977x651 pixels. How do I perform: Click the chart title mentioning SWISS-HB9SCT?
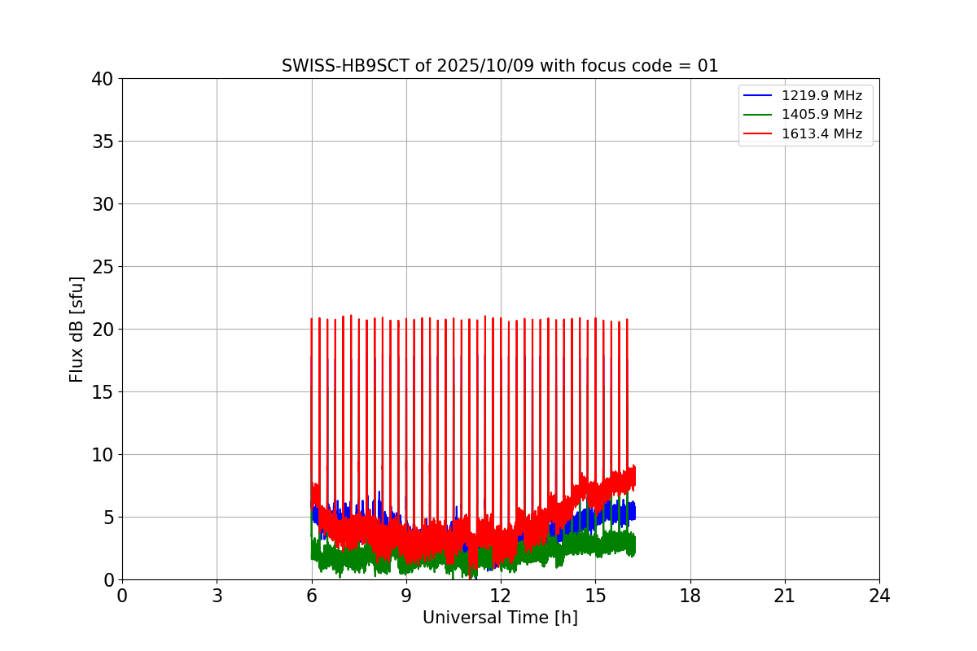[x=500, y=66]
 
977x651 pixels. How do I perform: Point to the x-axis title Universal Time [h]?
[x=500, y=618]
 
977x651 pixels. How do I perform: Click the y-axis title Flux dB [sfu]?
[x=77, y=329]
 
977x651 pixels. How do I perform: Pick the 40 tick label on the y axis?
[x=103, y=79]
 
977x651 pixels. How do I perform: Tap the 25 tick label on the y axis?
[x=103, y=267]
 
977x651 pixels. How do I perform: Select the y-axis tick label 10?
[x=103, y=455]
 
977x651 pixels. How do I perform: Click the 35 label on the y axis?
[x=103, y=142]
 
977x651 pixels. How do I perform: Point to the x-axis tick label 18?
[x=690, y=596]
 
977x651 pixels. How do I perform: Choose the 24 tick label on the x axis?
[x=879, y=596]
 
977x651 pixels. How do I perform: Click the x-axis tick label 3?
[x=217, y=596]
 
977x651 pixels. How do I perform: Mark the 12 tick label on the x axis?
[x=501, y=596]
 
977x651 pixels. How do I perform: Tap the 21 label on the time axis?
[x=785, y=596]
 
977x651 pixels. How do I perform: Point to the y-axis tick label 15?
[x=103, y=392]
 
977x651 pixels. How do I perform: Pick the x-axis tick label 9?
[x=406, y=596]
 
